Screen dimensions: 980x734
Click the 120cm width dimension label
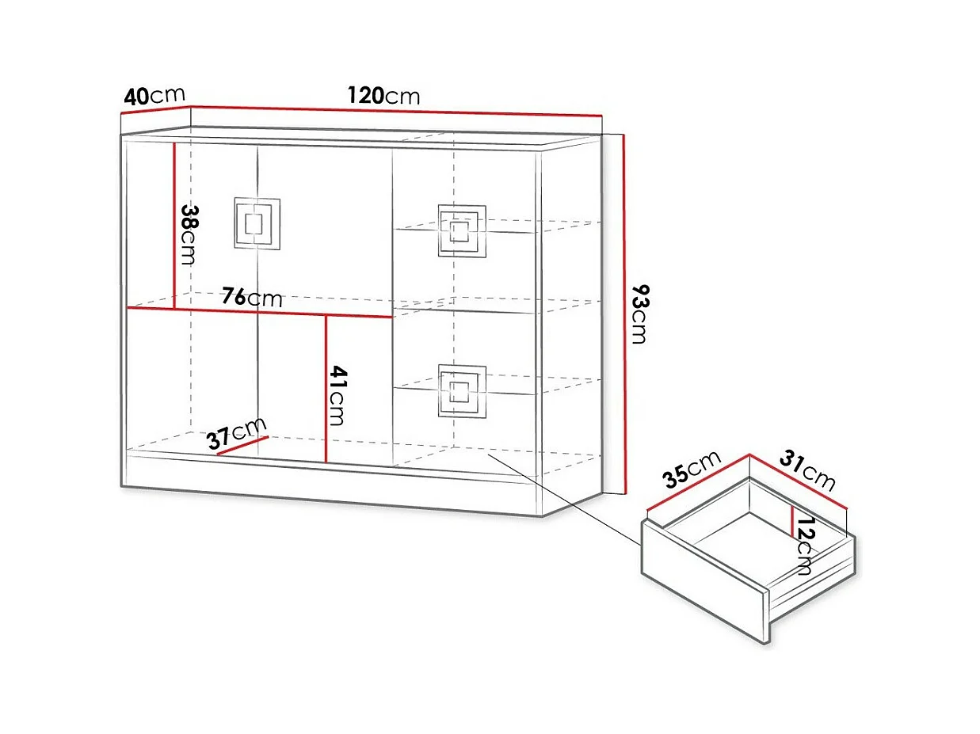(x=383, y=96)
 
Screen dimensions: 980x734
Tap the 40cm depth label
(x=154, y=97)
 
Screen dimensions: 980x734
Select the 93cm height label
(x=639, y=315)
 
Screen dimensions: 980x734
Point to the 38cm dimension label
(x=189, y=234)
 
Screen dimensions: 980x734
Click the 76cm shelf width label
(x=251, y=298)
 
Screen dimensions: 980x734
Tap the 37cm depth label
(x=237, y=433)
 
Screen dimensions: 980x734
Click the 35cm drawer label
(x=692, y=468)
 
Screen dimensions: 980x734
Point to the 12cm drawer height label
(x=805, y=546)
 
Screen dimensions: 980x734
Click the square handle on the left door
(x=257, y=223)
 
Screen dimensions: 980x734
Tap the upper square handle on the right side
(x=462, y=230)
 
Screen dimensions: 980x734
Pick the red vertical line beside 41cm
(x=326, y=388)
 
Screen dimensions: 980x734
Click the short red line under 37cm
(x=242, y=447)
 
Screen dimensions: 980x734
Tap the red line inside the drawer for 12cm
(x=791, y=520)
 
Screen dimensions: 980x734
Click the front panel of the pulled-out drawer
(x=705, y=579)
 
